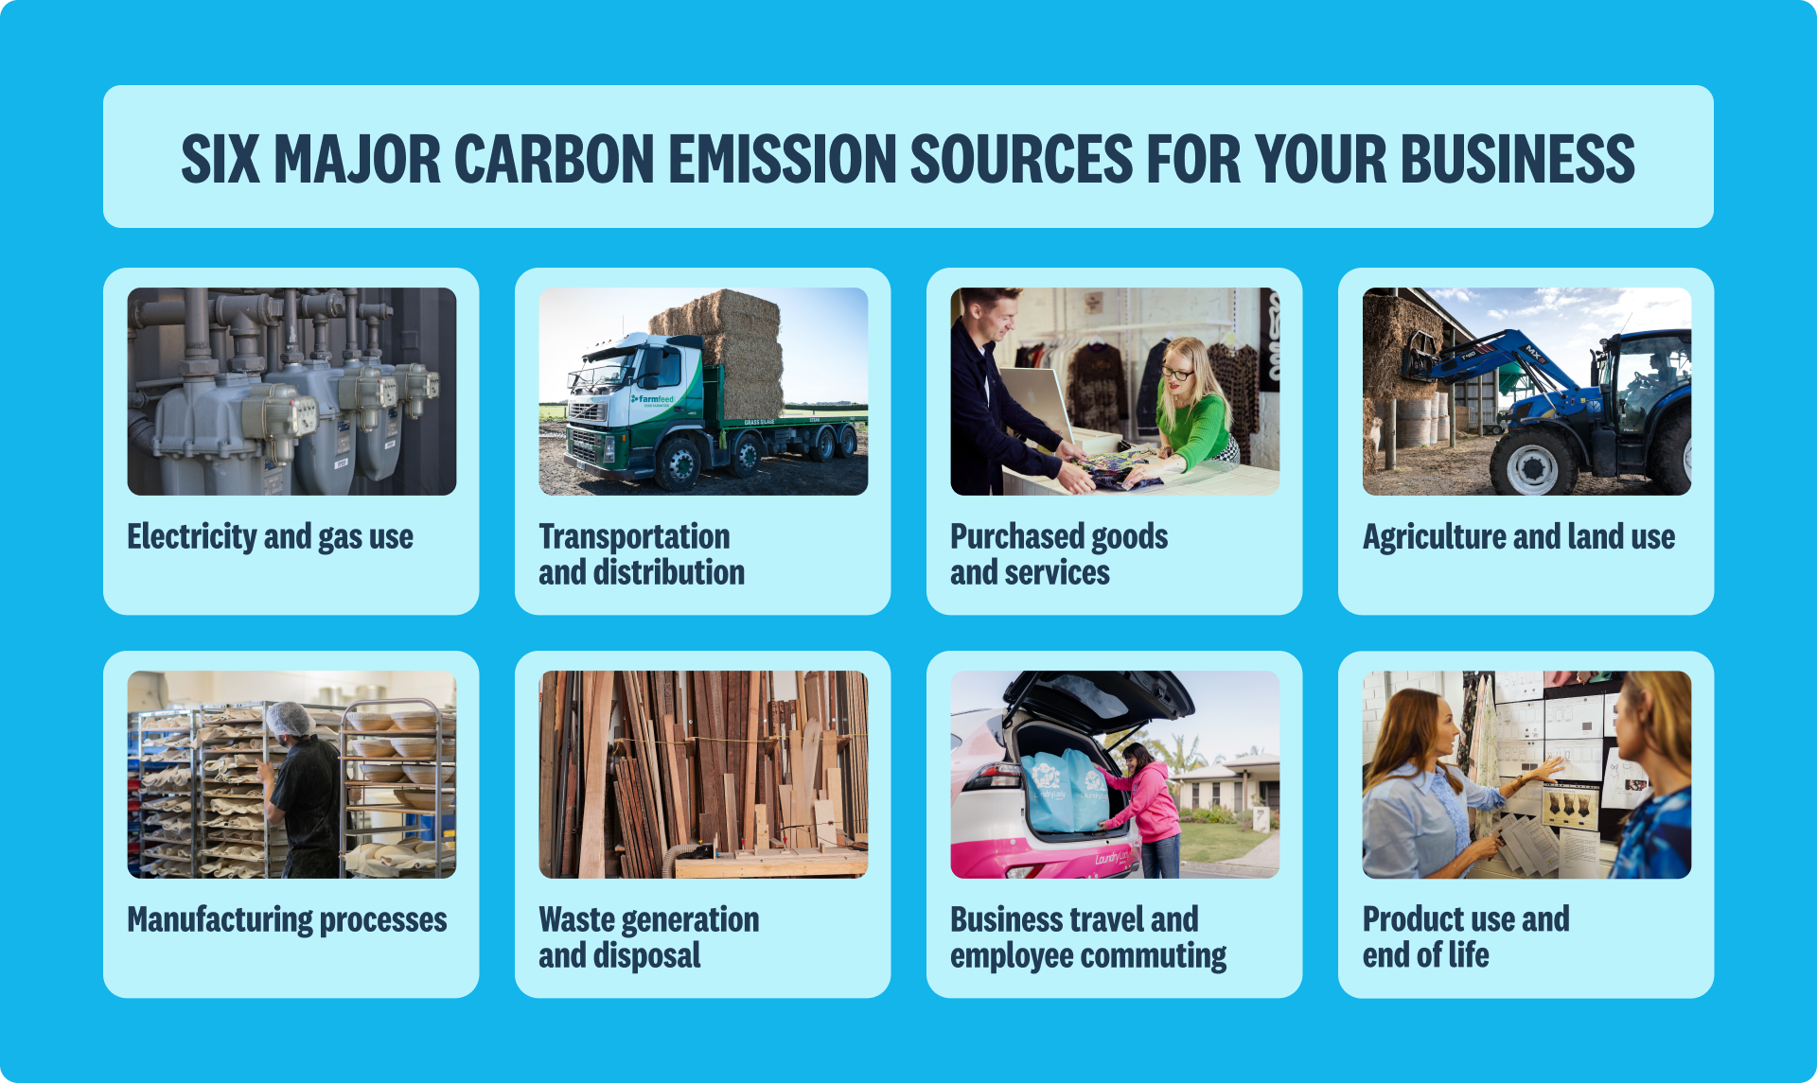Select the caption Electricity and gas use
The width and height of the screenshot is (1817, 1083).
271,537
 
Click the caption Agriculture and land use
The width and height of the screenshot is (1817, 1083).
1519,536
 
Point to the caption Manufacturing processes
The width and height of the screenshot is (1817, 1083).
288,920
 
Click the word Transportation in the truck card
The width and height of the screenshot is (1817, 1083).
634,536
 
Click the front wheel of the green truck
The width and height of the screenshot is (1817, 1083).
679,463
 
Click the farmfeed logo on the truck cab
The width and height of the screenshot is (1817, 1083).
653,399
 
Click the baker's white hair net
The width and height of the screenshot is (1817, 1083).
290,720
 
